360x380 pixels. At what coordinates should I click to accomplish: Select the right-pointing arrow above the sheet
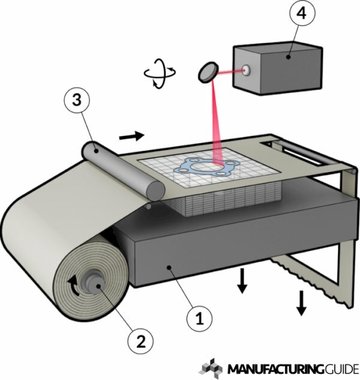point(132,136)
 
